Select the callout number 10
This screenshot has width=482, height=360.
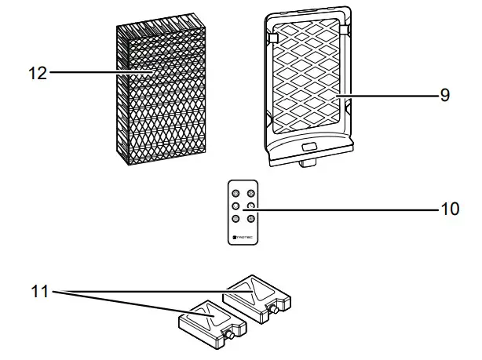pos(448,210)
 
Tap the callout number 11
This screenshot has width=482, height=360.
pos(39,292)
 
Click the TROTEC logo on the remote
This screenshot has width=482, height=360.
pos(243,235)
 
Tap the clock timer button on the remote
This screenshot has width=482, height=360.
pos(250,206)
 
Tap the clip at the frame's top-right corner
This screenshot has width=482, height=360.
pos(343,28)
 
